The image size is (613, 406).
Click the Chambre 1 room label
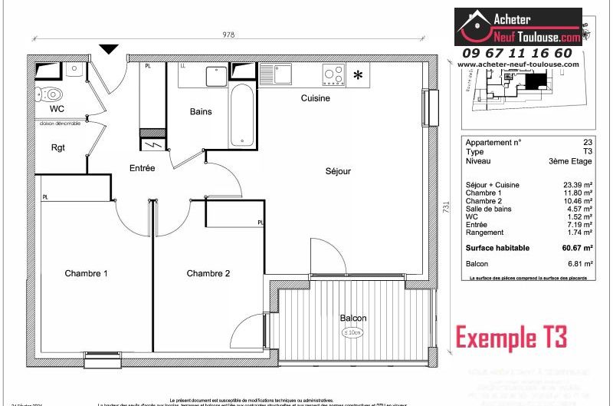pos(86,274)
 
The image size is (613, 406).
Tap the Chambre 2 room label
pos(208,274)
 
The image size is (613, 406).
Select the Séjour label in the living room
pos(338,171)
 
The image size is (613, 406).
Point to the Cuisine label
pos(315,98)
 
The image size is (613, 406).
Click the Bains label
pos(201,112)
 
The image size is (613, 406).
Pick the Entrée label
pos(143,168)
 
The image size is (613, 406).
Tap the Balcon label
pos(353,318)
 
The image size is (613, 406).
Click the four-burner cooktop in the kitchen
pos(333,74)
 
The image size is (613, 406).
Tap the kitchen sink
pos(276,74)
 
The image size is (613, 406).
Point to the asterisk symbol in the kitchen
pos(358,75)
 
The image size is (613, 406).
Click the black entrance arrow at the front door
pos(109,48)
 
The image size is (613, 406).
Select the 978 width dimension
pos(228,35)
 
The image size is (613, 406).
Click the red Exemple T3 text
pos(511,336)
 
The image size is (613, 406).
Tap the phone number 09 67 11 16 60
pos(516,53)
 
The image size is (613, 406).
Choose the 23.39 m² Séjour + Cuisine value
pos(577,186)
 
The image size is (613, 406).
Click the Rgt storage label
pos(57,147)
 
